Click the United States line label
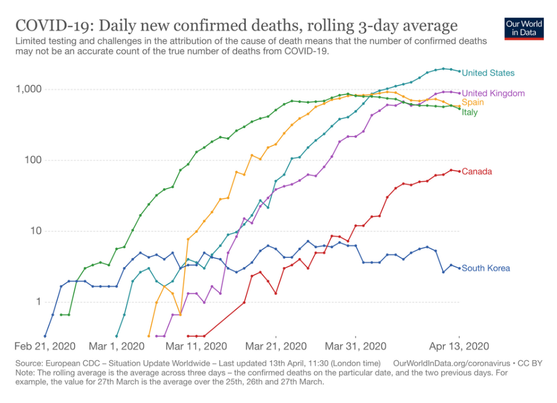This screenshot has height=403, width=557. [488, 73]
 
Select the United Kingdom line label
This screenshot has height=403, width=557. [493, 93]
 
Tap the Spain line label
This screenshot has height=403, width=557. [473, 102]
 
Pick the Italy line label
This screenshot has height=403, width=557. [470, 112]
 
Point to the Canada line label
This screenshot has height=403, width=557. [477, 171]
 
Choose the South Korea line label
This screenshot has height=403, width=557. [486, 268]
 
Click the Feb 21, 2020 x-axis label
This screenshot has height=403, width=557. [46, 346]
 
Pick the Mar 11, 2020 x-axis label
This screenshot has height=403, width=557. [196, 346]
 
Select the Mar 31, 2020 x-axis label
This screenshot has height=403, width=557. [356, 346]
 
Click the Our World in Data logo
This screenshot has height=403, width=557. [523, 29]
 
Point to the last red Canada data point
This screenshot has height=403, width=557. [459, 171]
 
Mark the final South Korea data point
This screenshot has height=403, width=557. [459, 268]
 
